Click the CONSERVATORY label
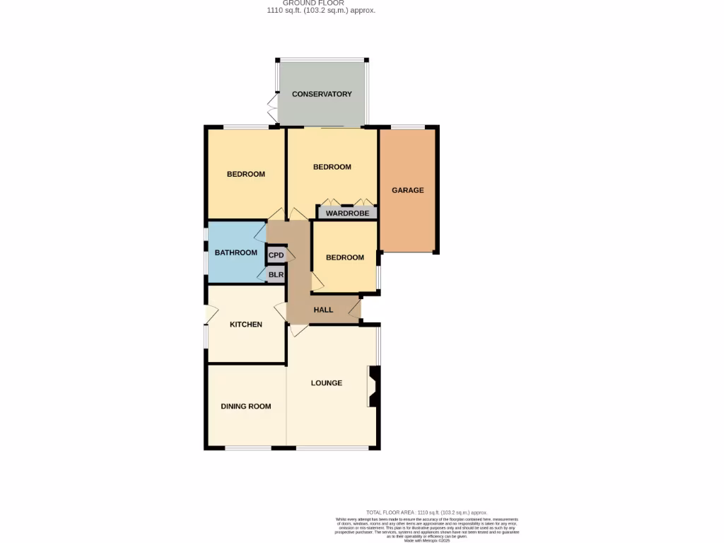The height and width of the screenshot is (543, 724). pos(322,94)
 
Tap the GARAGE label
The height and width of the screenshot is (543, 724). pos(408,190)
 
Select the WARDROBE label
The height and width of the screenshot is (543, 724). pos(347,213)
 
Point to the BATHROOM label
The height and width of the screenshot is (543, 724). pos(236,252)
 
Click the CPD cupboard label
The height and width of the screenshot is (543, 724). pos(276,255)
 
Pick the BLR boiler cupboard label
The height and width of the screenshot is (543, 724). pos(276,275)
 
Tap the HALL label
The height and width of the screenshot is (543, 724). pos(323,310)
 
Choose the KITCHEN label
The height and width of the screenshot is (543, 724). pos(246,325)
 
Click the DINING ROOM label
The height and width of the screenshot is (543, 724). pos(246,407)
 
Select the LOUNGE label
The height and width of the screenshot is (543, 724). pos(327,383)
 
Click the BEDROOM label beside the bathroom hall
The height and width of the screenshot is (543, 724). pos(345,257)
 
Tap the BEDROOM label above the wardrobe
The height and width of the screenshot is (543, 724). pos(332,167)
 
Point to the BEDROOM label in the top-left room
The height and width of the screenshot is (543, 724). pos(246,174)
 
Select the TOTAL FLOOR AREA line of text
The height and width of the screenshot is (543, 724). pos(426,512)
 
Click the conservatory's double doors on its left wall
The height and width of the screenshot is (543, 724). pos(271,107)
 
